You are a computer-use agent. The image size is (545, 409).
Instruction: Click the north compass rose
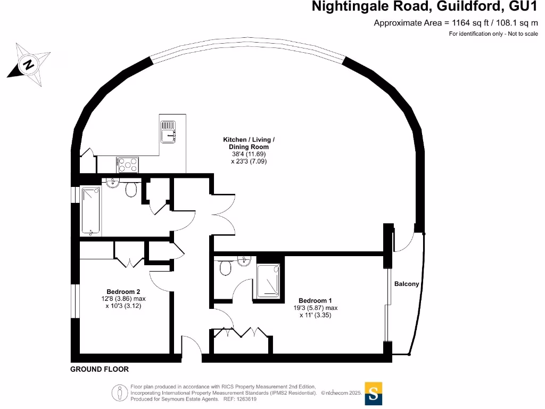pos(29,64)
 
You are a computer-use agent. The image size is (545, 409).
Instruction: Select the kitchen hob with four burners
pos(128,165)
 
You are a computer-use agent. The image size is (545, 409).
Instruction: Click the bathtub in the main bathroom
pos(91,210)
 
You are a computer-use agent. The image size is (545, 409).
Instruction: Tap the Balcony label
pos(407,284)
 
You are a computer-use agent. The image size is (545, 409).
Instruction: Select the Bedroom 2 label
pos(123,291)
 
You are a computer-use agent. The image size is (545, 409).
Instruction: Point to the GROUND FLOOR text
pos(100,369)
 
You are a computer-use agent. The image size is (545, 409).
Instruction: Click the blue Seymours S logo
pos(373,394)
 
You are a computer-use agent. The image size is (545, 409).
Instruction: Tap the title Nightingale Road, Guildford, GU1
pos(425,7)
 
